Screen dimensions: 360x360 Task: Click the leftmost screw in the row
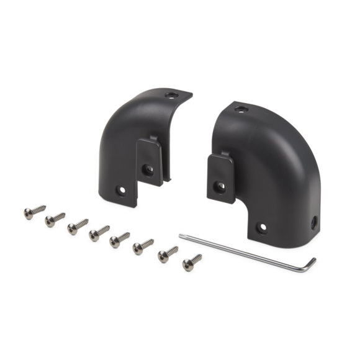[27, 211]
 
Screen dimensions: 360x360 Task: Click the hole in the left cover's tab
[148, 167]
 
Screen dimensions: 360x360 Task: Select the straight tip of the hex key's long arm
[181, 235]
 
